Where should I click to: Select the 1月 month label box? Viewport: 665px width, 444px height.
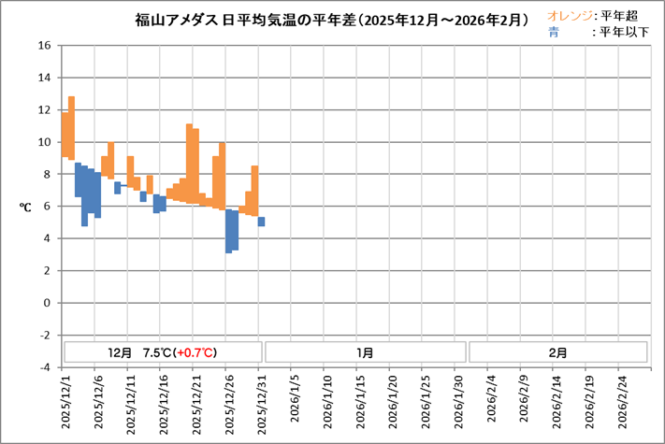[x=365, y=352]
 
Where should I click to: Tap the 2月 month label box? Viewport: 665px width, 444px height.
[x=557, y=352]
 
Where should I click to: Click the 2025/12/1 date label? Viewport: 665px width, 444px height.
[x=65, y=403]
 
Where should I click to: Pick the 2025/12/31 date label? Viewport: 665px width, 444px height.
[x=263, y=403]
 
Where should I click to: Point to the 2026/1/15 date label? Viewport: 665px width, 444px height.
[x=361, y=403]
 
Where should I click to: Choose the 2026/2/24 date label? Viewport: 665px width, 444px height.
[x=623, y=403]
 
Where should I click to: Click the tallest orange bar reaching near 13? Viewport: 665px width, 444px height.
[x=71, y=128]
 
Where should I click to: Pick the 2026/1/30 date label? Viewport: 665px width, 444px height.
[x=459, y=403]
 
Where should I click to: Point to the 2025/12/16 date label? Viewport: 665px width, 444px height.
[x=165, y=403]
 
